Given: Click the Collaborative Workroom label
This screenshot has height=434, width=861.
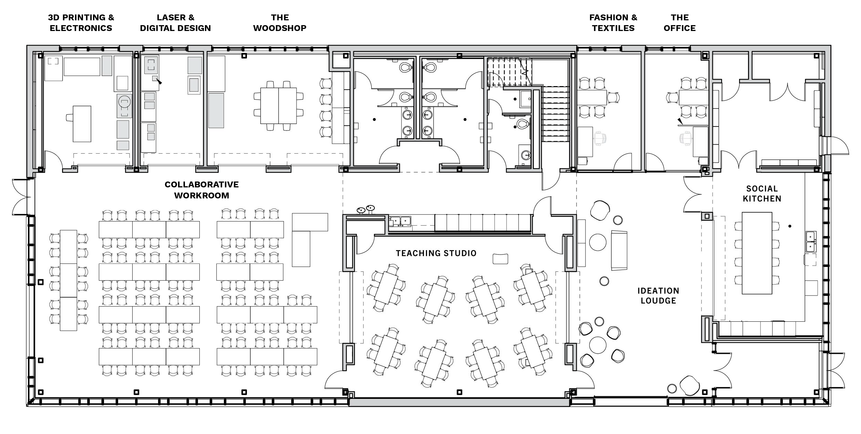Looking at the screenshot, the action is [x=201, y=190].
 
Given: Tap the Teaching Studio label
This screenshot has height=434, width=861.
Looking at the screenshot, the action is [x=436, y=254].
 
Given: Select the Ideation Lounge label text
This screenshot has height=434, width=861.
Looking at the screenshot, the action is [x=658, y=296].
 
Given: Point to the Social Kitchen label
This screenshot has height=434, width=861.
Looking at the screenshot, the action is [x=762, y=194].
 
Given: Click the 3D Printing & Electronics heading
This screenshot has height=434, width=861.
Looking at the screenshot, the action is [x=81, y=23].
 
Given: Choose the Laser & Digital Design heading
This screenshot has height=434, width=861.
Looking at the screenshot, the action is [x=175, y=23].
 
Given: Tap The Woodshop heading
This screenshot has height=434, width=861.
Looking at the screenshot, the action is [x=280, y=23].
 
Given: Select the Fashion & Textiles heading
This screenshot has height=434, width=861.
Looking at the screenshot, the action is [x=613, y=23].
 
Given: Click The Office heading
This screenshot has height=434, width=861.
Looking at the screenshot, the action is [x=680, y=23].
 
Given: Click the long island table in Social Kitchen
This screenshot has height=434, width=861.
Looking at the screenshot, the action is [x=757, y=253].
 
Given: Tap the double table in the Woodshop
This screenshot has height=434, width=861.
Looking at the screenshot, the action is [x=278, y=106].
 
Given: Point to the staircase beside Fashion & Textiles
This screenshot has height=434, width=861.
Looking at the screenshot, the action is [x=555, y=114].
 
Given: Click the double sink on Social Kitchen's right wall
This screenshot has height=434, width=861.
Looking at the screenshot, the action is [x=811, y=241].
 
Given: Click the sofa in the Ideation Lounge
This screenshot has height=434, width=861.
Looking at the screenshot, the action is [x=619, y=250].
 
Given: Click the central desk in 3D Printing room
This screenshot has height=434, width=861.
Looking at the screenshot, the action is [x=82, y=124].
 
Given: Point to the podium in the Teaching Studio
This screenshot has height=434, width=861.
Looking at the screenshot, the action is [x=500, y=259].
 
